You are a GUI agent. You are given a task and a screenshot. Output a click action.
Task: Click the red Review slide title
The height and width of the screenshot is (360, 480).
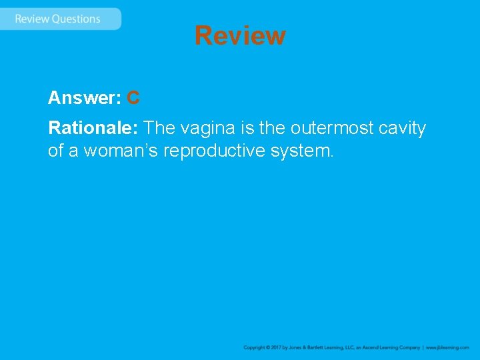tap(240, 35)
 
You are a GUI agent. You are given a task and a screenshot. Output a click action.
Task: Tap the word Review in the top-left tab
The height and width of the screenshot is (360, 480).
tap(32, 19)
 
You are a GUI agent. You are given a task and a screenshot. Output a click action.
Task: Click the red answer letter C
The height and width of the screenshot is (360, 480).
tap(133, 98)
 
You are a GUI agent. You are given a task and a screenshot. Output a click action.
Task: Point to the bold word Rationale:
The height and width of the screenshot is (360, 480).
tap(93, 127)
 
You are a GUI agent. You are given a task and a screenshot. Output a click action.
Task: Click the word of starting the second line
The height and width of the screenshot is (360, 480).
tap(55, 151)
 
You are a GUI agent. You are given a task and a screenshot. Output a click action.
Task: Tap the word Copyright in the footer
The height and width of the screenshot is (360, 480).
tap(255, 348)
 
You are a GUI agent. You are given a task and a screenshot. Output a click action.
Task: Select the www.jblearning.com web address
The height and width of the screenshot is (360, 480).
tap(447, 348)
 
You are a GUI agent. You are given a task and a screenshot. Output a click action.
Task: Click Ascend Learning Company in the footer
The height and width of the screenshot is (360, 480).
tap(390, 348)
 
